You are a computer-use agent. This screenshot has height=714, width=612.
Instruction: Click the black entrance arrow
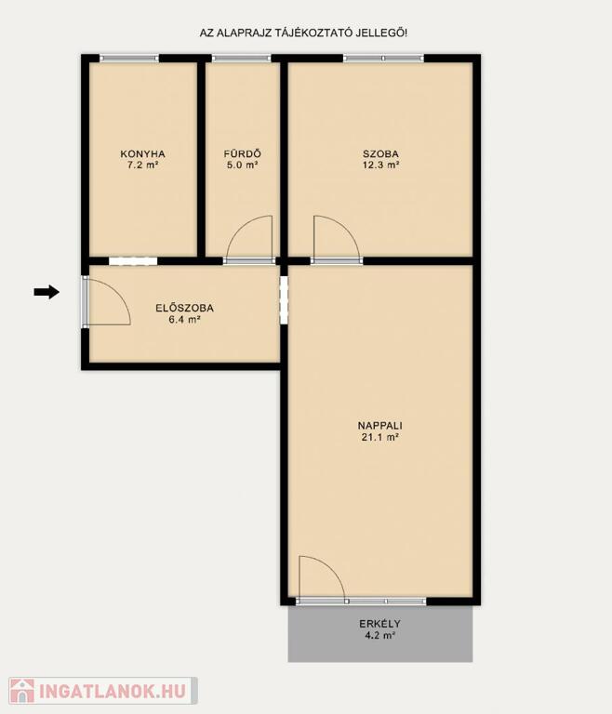(x=47, y=292)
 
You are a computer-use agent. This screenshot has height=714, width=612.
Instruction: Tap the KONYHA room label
(x=142, y=154)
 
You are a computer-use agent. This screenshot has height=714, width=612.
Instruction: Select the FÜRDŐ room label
(x=243, y=153)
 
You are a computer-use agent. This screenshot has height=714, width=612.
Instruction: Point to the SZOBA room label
(x=380, y=154)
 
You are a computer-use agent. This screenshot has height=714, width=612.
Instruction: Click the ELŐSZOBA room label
(x=184, y=308)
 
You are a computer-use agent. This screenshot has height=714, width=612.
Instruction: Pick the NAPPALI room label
(x=380, y=426)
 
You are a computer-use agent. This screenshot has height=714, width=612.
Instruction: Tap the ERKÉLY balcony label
(x=380, y=624)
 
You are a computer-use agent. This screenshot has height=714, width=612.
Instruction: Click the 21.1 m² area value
(x=380, y=438)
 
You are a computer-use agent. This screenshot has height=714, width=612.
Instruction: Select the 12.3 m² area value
(x=381, y=165)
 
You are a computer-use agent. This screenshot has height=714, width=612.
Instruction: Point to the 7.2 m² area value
(x=142, y=165)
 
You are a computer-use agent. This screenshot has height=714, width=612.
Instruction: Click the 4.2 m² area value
(x=380, y=635)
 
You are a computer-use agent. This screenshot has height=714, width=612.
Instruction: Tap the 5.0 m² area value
(x=243, y=165)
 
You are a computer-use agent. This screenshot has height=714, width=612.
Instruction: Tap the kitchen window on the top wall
(x=129, y=59)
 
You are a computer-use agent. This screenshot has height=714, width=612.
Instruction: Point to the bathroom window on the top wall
(x=242, y=59)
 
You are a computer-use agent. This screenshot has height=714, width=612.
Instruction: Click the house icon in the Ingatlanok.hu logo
(x=22, y=691)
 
